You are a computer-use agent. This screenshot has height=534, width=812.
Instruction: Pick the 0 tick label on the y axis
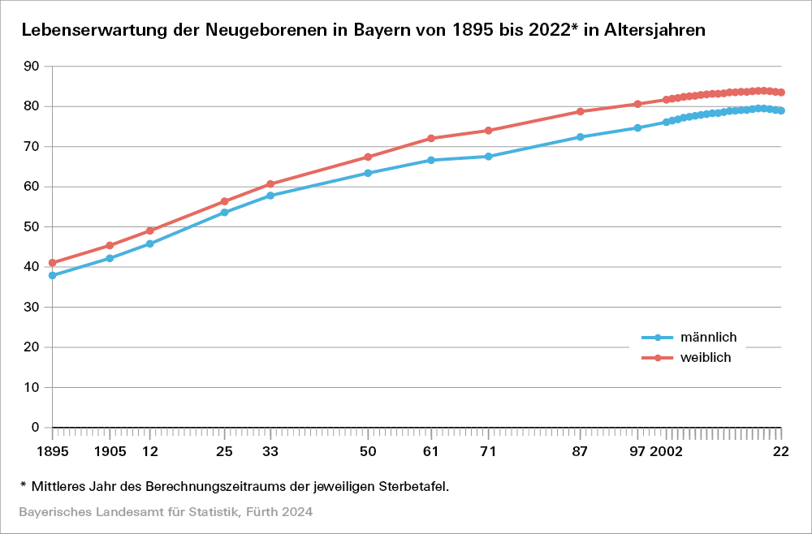coord(35,427)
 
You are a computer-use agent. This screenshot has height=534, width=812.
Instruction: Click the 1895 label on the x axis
coord(52,451)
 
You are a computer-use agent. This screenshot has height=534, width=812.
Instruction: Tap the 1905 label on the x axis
coord(110,451)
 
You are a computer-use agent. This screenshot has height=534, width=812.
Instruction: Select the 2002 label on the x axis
coord(666,451)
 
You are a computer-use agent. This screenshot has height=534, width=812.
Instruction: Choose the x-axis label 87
coord(580,451)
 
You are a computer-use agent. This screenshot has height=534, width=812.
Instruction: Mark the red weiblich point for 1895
coord(52,263)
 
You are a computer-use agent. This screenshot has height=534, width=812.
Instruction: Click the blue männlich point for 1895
coord(52,275)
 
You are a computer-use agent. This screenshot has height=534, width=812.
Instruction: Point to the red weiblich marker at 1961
coord(431,138)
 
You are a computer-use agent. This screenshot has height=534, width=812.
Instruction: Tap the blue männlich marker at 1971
coord(488,156)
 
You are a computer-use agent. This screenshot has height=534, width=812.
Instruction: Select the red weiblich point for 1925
coord(224,201)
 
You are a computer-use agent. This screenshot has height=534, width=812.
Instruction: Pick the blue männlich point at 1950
coord(368,173)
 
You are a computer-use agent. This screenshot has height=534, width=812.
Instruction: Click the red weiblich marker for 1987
coord(580,111)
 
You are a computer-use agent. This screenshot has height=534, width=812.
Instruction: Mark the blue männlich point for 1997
coord(637,127)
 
